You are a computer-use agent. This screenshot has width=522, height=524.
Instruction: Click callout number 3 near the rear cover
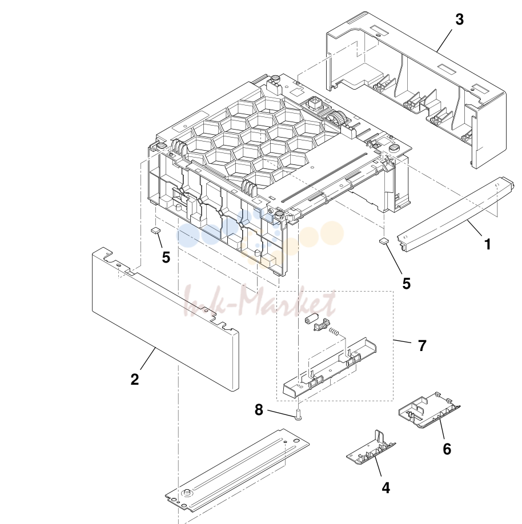coord(460,20)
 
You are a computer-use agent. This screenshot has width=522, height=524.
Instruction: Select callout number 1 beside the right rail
coord(488,244)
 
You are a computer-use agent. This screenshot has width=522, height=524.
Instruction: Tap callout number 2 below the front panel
coord(134,379)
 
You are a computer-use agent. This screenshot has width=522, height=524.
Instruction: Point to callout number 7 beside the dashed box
coord(423,345)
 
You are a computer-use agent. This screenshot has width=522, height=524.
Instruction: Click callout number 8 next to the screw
coord(259,410)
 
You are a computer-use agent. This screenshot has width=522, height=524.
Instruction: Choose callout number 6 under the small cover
coord(447,449)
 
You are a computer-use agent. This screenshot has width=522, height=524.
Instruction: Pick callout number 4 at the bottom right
coord(386,488)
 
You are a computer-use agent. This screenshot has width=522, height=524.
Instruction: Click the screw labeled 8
coord(298,415)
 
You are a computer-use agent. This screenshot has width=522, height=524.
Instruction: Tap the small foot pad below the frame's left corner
coord(156,230)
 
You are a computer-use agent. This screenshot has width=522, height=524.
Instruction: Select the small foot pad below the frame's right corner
coord(384,240)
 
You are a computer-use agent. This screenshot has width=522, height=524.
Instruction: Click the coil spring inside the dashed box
coord(334,331)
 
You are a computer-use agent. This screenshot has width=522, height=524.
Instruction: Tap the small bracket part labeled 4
coord(371,449)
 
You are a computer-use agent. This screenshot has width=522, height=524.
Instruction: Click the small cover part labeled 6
coord(429,410)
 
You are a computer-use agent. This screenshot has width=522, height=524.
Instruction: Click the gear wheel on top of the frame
coord(336,119)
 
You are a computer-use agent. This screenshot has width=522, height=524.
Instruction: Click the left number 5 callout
coord(166,257)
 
